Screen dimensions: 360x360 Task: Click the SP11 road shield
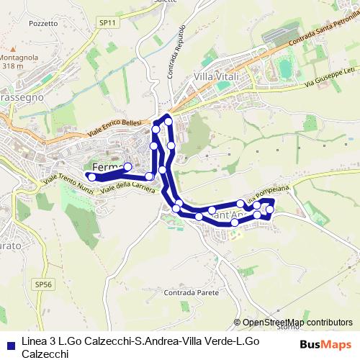tap(107, 23)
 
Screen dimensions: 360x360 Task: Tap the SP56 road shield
tap(43, 284)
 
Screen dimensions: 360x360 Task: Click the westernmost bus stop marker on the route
tap(91, 176)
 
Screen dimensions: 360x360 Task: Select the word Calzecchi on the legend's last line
tap(45, 354)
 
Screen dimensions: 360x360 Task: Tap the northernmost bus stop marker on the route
tap(168, 121)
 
